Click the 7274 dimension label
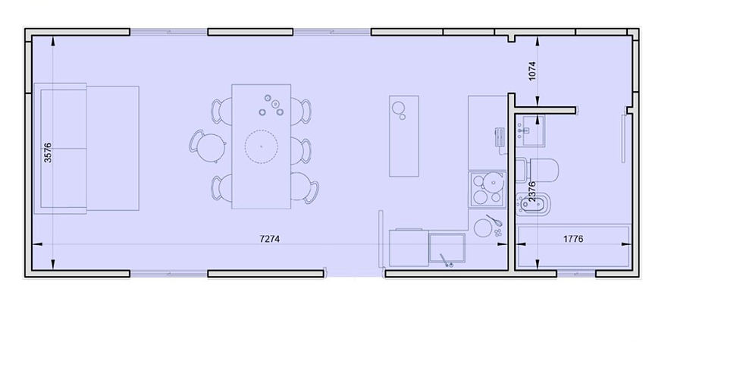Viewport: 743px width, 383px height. point(270,239)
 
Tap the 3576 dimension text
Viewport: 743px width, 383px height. point(48,152)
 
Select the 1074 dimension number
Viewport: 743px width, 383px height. point(531,71)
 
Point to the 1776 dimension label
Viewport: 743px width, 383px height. point(573,239)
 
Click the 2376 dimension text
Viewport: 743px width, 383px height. point(531,191)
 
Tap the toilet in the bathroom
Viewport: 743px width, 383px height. point(538,170)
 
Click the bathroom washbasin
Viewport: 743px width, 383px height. point(531,130)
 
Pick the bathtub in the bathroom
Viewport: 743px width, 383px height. point(573,246)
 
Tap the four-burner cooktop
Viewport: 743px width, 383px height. point(487,190)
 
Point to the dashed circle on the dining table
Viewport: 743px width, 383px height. point(261,146)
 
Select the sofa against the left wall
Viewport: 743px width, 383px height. point(86,148)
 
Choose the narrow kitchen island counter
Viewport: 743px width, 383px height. point(404,136)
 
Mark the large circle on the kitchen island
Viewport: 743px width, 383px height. point(398,108)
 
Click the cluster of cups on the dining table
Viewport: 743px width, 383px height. point(271,106)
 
